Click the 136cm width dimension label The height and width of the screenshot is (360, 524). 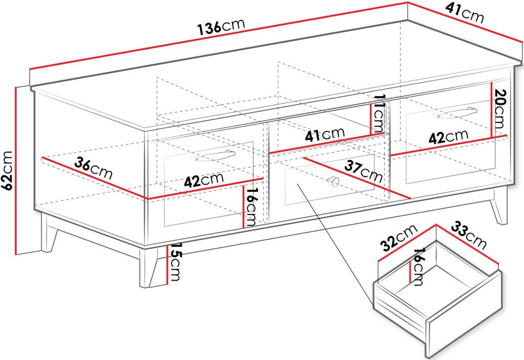221,26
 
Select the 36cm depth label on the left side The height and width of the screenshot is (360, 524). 93,168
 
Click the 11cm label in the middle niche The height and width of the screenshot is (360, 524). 380,114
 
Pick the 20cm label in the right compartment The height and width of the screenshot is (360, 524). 497,109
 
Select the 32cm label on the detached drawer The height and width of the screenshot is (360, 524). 400,238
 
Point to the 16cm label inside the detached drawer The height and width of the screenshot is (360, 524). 418,267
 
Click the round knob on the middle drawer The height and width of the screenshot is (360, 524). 333,182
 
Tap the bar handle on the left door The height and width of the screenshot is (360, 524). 212,156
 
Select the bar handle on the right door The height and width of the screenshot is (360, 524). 454,113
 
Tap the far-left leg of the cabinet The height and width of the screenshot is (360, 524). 49,233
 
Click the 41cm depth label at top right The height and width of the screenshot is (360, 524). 465,14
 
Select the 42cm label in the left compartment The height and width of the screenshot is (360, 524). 204,180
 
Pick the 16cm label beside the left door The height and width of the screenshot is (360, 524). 251,206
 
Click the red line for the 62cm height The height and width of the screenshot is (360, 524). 16,171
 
